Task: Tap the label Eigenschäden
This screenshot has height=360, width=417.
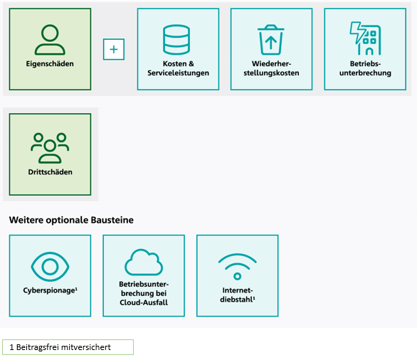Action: tap(50, 64)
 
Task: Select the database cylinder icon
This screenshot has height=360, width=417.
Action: tap(176, 39)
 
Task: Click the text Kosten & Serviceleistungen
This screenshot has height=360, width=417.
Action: tap(178, 68)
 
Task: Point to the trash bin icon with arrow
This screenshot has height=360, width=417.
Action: tap(270, 39)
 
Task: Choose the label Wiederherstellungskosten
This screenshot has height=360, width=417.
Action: tap(271, 68)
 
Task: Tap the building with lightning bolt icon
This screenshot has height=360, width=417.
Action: tap(365, 38)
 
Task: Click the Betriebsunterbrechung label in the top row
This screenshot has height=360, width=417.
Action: tap(365, 68)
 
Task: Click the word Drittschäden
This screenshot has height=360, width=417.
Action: tap(51, 172)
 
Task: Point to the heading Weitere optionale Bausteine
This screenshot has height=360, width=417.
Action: tap(71, 220)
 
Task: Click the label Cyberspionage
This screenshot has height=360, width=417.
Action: tap(51, 290)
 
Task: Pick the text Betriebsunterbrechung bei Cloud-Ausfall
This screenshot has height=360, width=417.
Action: tap(144, 293)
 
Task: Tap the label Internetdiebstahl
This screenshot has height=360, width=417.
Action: tap(238, 295)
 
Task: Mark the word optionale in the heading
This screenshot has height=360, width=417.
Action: tap(68, 221)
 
